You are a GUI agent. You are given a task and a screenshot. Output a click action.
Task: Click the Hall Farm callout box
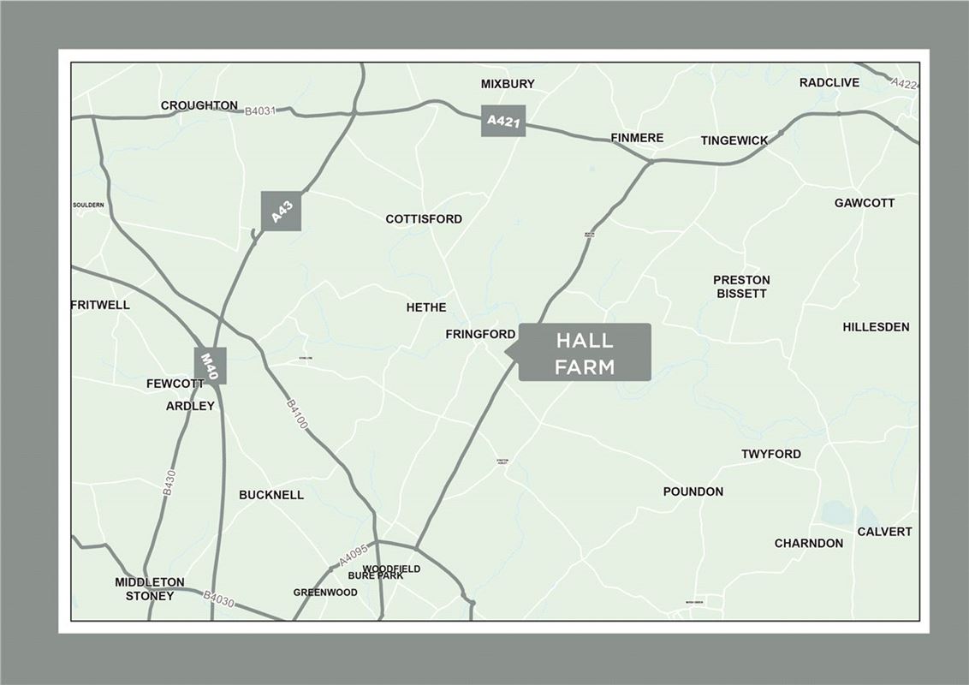[585, 352]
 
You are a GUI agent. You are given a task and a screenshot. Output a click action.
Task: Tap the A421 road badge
[502, 121]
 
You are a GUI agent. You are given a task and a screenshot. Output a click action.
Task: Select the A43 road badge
[282, 211]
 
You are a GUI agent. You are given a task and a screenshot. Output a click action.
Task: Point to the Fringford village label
[480, 334]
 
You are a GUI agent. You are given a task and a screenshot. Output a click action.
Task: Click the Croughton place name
[199, 105]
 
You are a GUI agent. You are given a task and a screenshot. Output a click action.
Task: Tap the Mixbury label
[508, 84]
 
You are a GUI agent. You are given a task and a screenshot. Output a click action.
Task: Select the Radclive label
[829, 83]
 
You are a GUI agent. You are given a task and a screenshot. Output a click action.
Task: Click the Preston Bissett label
[741, 286]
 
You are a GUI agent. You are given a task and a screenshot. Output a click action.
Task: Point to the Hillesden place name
[876, 327]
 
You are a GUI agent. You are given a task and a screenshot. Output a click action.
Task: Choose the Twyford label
[771, 454]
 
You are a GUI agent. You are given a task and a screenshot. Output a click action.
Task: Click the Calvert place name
[884, 532]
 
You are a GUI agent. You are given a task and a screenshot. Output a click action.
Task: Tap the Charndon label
[808, 544]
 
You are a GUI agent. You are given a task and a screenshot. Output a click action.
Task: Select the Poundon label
[693, 491]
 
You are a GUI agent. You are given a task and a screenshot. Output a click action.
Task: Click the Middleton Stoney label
[150, 588]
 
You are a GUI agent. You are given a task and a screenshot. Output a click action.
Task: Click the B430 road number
[169, 481]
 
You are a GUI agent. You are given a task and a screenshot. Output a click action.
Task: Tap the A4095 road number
[354, 557]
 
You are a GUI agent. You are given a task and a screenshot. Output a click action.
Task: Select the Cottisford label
[424, 219]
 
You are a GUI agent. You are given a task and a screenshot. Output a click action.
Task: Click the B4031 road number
[260, 111]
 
